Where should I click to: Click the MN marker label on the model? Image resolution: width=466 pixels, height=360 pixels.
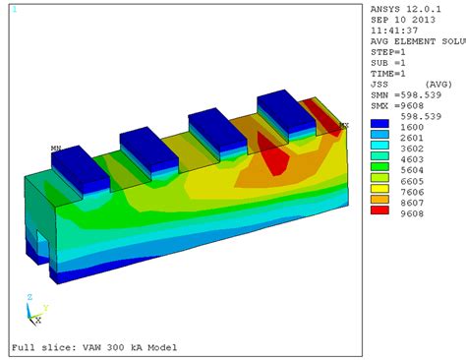[56, 149]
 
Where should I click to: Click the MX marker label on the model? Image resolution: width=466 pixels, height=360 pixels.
[343, 125]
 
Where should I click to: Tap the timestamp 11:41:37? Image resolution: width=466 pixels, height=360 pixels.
[392, 30]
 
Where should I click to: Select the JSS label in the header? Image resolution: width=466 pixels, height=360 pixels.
[379, 84]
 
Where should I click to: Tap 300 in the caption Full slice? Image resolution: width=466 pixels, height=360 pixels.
[116, 348]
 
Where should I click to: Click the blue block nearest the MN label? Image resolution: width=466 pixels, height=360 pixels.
[81, 168]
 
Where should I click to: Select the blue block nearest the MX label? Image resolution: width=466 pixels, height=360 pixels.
[286, 110]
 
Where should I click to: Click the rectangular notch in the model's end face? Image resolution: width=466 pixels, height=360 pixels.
[41, 242]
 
